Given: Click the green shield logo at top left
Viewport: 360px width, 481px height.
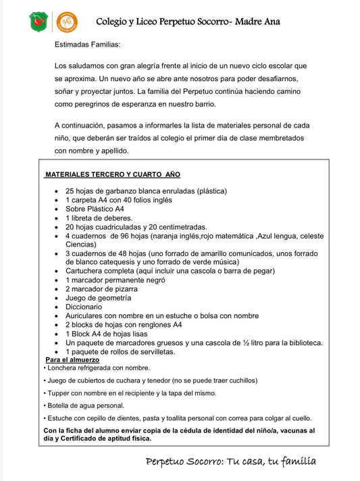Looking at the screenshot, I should pyautogui.click(x=39, y=22).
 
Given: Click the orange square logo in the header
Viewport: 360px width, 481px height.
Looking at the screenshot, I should pyautogui.click(x=66, y=22).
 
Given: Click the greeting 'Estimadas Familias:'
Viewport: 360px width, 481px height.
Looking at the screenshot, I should pyautogui.click(x=87, y=45).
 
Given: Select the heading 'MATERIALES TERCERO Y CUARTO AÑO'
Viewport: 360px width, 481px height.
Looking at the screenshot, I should pyautogui.click(x=113, y=174).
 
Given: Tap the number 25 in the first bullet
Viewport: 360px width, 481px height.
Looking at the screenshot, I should pyautogui.click(x=70, y=191).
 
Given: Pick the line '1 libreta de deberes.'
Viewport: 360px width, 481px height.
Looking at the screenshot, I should pyautogui.click(x=99, y=218).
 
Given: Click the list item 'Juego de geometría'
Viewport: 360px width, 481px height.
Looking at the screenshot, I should pyautogui.click(x=98, y=297).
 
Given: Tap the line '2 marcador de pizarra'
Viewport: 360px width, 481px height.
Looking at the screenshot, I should pyautogui.click(x=101, y=288).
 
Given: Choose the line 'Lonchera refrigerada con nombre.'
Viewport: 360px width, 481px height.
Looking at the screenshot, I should pyautogui.click(x=99, y=368).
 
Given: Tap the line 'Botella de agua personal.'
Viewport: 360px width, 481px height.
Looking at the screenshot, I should pyautogui.click(x=86, y=405).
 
